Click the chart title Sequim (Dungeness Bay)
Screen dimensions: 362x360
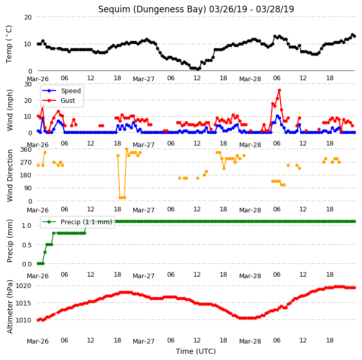[152, 9]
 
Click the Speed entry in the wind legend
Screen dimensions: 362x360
[61, 91]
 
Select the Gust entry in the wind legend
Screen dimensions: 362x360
[59, 100]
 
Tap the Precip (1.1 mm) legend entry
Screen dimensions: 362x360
[77, 222]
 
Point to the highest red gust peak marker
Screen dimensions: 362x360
[279, 91]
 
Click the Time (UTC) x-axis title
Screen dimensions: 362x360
[196, 351]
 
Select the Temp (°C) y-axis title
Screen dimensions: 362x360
[9, 44]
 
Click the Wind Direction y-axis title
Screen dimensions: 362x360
[9, 175]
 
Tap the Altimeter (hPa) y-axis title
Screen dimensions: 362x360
[9, 307]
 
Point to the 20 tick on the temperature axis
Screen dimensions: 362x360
[28, 17]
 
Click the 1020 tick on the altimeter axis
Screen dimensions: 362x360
[23, 286]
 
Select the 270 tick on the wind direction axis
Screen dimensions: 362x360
[26, 163]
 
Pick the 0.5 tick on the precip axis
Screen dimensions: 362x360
[27, 245]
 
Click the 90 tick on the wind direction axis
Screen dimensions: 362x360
[28, 188]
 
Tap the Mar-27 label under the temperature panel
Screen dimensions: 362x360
[143, 79]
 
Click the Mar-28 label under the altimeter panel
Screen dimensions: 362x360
[250, 341]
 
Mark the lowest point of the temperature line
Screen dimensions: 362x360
[197, 68]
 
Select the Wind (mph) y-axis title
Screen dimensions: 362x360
[9, 110]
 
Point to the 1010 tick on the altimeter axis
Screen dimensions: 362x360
[23, 320]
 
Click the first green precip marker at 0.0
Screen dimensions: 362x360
[39, 263]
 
